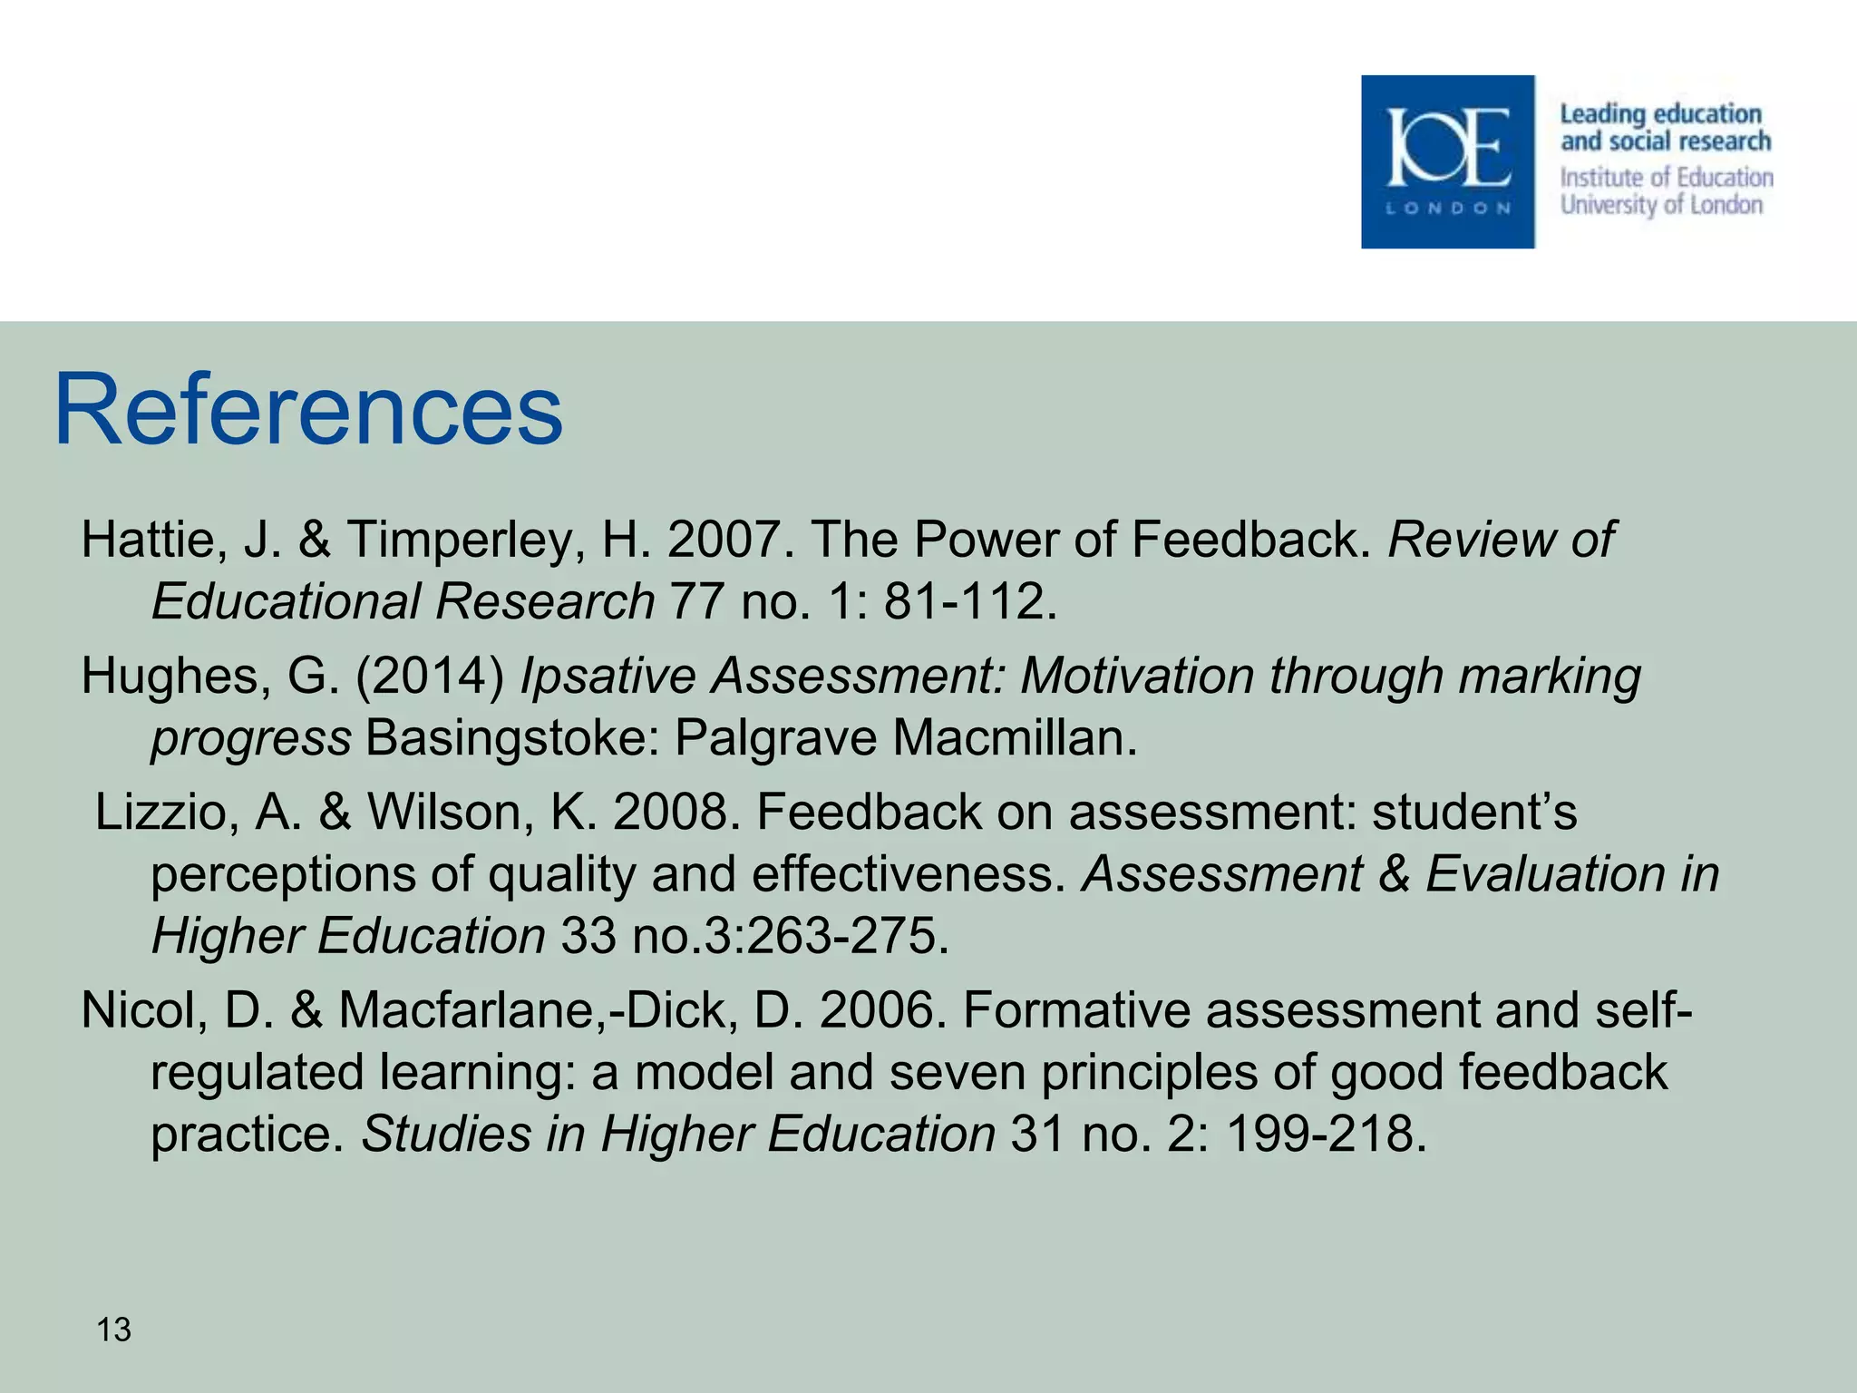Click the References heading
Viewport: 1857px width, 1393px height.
(308, 411)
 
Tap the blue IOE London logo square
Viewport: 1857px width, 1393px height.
(1447, 161)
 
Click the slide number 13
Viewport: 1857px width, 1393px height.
(114, 1330)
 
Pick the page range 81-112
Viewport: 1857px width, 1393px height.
(969, 601)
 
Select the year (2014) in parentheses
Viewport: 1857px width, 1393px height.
(430, 677)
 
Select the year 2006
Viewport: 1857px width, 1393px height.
(883, 1010)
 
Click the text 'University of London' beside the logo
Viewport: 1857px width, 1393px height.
(1661, 205)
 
